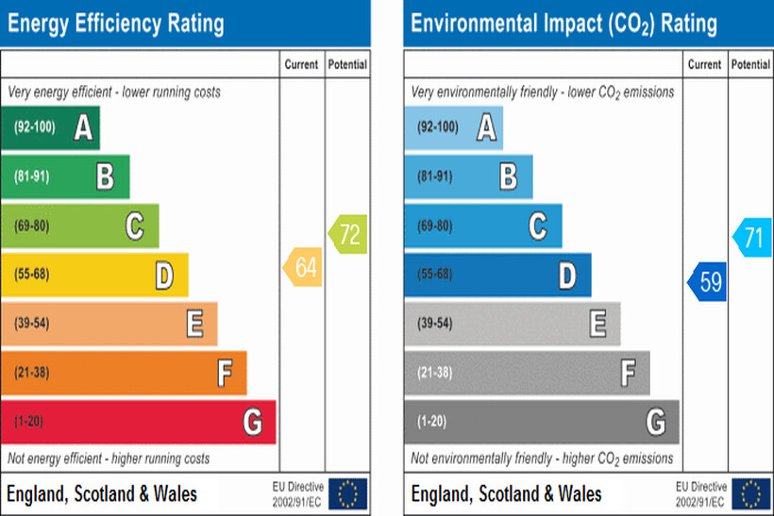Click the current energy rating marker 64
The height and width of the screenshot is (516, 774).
click(303, 268)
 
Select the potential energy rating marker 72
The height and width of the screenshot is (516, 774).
click(348, 232)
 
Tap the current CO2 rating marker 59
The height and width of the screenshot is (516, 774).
click(707, 282)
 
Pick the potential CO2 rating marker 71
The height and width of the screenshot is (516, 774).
click(751, 237)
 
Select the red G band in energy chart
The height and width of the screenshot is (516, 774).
click(138, 422)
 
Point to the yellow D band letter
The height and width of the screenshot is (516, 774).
click(164, 275)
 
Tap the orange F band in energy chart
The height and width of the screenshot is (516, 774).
click(124, 373)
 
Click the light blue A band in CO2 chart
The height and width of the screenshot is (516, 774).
click(453, 127)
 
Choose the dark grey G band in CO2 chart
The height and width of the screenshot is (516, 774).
click(541, 422)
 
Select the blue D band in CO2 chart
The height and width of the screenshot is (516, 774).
click(497, 275)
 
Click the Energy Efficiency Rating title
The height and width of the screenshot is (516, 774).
click(116, 23)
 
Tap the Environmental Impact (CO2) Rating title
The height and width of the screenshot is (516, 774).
click(564, 23)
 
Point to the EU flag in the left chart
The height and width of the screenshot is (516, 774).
click(347, 492)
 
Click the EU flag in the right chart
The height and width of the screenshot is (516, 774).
click(750, 492)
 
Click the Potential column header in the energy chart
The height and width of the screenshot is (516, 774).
click(347, 65)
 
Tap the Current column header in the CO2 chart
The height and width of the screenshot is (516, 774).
click(704, 65)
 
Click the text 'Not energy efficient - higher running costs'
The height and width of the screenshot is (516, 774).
click(109, 458)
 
